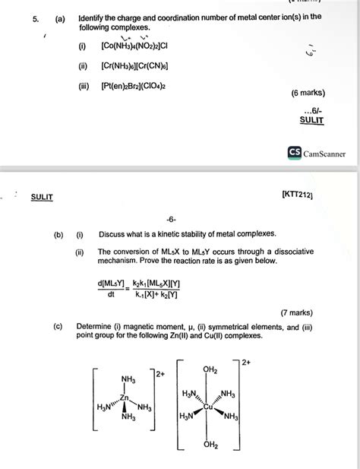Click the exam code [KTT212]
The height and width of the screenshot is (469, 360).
(x=302, y=197)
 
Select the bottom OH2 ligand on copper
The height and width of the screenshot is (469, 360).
(x=210, y=445)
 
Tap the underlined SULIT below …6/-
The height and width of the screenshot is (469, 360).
(x=311, y=120)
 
